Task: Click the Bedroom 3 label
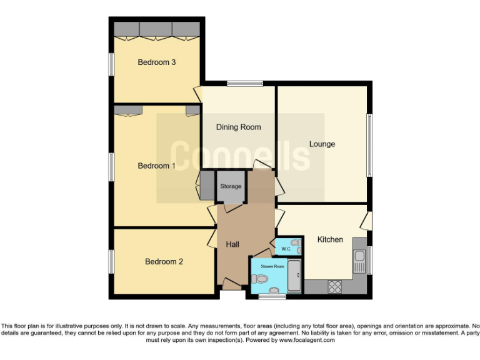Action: click(x=156, y=62)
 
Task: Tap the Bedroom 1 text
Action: click(x=156, y=166)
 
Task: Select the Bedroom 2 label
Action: click(x=164, y=261)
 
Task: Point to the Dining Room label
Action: click(x=238, y=127)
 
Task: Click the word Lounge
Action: click(x=322, y=144)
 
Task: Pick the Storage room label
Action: click(x=230, y=186)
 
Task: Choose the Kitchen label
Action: click(x=330, y=239)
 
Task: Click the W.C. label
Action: click(x=286, y=249)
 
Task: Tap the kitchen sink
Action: click(x=359, y=257)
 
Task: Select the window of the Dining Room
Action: click(x=244, y=83)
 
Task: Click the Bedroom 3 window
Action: click(x=111, y=65)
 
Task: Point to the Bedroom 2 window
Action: click(x=111, y=261)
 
